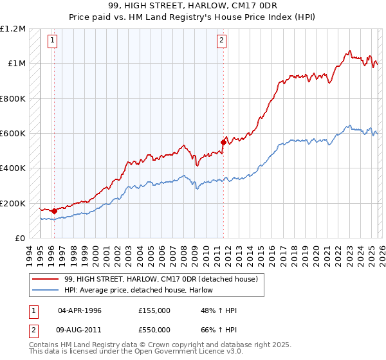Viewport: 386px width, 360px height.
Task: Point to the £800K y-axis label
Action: click(x=13, y=99)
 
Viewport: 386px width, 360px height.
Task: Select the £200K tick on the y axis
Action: click(x=13, y=204)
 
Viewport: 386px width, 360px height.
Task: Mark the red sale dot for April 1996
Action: click(x=54, y=211)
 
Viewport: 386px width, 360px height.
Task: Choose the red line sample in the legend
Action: click(x=46, y=279)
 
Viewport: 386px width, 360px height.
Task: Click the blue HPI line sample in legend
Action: click(x=46, y=289)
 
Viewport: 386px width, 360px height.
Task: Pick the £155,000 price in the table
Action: click(x=154, y=310)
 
